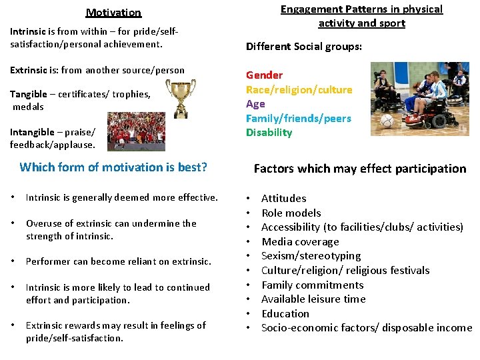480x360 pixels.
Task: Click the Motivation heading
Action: coord(113,13)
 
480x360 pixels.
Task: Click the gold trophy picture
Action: coord(180,98)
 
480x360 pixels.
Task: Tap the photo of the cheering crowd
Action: coord(136,131)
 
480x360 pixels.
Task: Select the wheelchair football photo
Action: coord(419,99)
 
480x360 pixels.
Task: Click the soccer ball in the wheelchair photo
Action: coord(386,123)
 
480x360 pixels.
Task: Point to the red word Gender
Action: coord(264,75)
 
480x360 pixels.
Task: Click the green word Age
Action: coord(255,104)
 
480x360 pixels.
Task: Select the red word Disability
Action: coord(269,133)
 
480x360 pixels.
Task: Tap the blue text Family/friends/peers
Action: coord(298,118)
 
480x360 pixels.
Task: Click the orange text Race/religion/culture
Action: coord(299,89)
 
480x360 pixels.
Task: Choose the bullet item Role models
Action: coord(291,213)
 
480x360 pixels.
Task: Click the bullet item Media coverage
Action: coord(300,241)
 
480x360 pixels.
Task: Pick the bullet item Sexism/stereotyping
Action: coord(311,256)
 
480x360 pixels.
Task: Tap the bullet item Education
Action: coord(285,313)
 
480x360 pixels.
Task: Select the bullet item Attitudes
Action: coord(283,198)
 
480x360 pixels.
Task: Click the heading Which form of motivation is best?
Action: coord(113,167)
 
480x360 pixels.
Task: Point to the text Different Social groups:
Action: coord(304,47)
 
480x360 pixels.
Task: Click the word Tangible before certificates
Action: coord(29,94)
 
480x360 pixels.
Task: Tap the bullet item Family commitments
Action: coord(312,285)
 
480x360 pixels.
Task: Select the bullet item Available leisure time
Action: coord(313,299)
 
